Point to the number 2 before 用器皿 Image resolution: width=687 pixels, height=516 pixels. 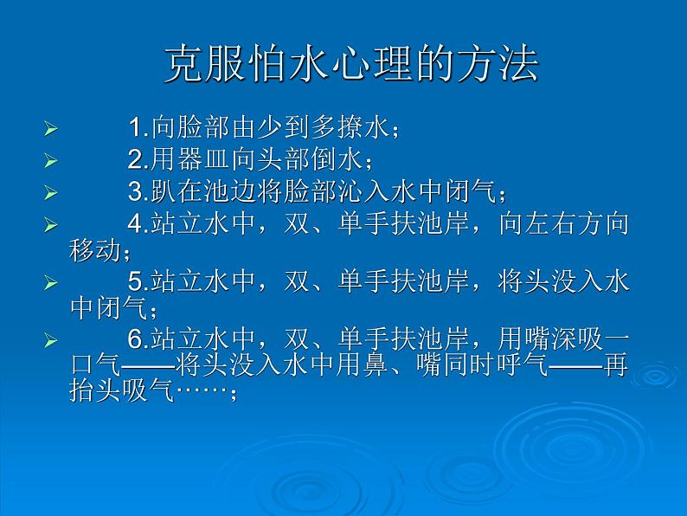tap(135, 159)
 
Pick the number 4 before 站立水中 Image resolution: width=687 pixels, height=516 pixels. tap(135, 223)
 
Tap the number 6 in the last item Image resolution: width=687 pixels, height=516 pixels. tap(135, 339)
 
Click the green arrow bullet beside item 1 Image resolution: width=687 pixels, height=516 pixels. tap(51, 129)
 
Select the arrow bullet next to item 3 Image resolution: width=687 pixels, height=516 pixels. tap(51, 192)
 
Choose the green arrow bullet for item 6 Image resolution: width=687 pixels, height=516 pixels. tap(51, 340)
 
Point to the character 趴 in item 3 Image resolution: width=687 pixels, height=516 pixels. tap(164, 191)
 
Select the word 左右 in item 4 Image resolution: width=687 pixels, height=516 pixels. tap(551, 223)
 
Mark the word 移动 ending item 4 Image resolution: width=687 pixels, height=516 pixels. tap(95, 251)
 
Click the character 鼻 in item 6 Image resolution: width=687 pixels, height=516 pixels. tap(375, 364)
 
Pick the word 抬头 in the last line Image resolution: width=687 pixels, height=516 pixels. tap(95, 390)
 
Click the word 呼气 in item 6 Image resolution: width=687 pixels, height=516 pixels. tap(523, 364)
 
